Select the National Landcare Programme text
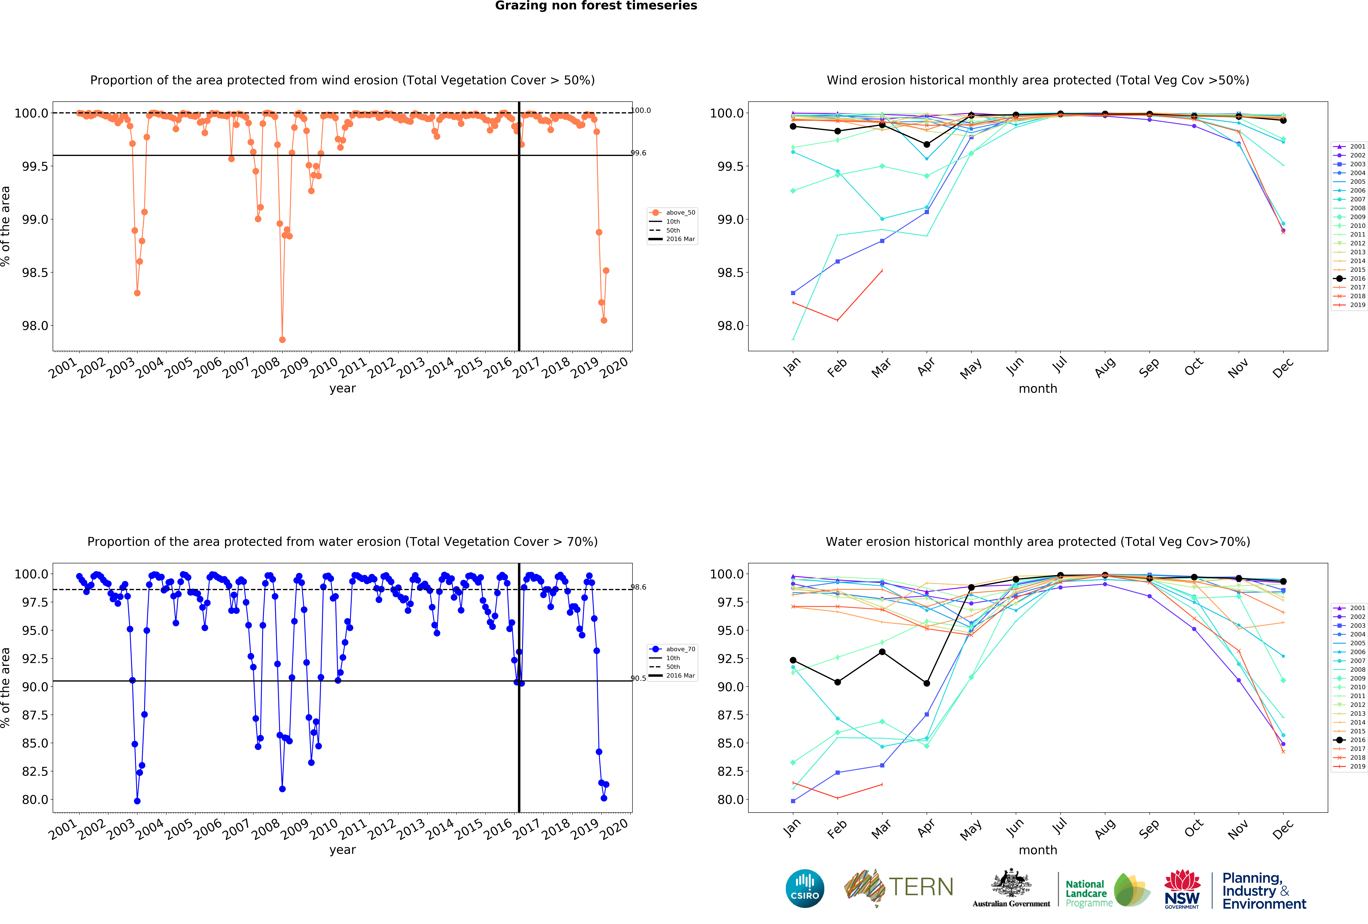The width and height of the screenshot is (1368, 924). pos(1088,893)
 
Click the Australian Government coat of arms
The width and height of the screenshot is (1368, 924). pos(1011,883)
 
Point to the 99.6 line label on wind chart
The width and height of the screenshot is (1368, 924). pos(639,153)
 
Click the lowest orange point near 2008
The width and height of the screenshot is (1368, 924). pos(282,340)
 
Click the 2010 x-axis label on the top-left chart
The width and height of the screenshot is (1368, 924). pos(324,368)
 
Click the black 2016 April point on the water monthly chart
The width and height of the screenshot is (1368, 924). pos(926,683)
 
